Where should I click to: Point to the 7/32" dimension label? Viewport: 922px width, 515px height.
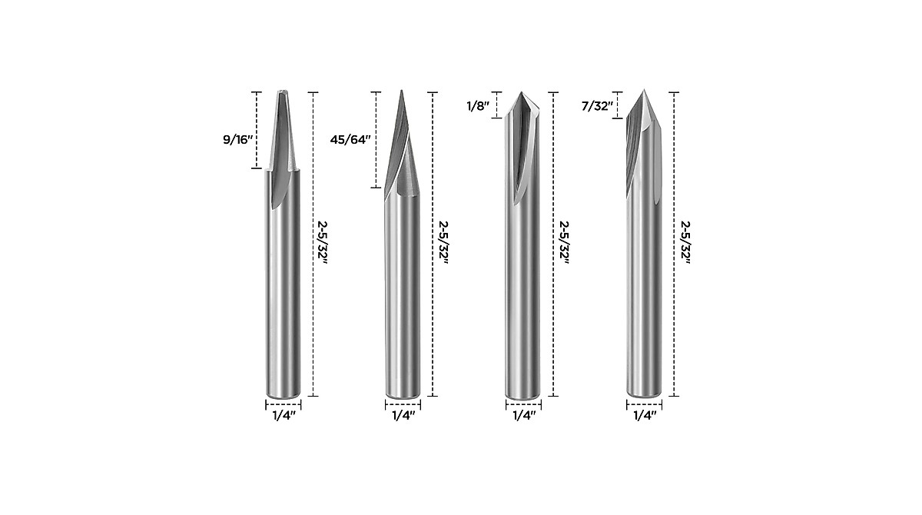pos(597,105)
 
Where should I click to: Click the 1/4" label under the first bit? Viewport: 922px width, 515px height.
pos(284,416)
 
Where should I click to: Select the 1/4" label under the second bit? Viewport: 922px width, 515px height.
pos(403,416)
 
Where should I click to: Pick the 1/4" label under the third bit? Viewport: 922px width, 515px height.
pos(523,416)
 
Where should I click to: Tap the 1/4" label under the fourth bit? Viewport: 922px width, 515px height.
pos(644,416)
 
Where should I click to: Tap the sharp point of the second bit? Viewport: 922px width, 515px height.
pos(401,91)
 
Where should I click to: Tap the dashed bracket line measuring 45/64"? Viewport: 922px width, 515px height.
pos(376,139)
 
